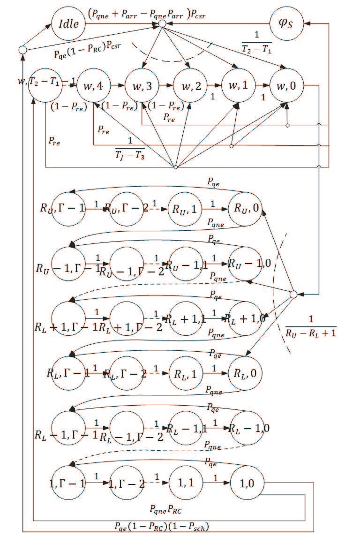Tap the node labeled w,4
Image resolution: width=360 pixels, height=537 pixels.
tap(94, 86)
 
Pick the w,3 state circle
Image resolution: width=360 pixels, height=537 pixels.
tap(142, 86)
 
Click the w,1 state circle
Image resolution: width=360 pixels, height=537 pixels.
tap(239, 86)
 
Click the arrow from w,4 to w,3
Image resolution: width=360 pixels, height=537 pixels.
tap(118, 86)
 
